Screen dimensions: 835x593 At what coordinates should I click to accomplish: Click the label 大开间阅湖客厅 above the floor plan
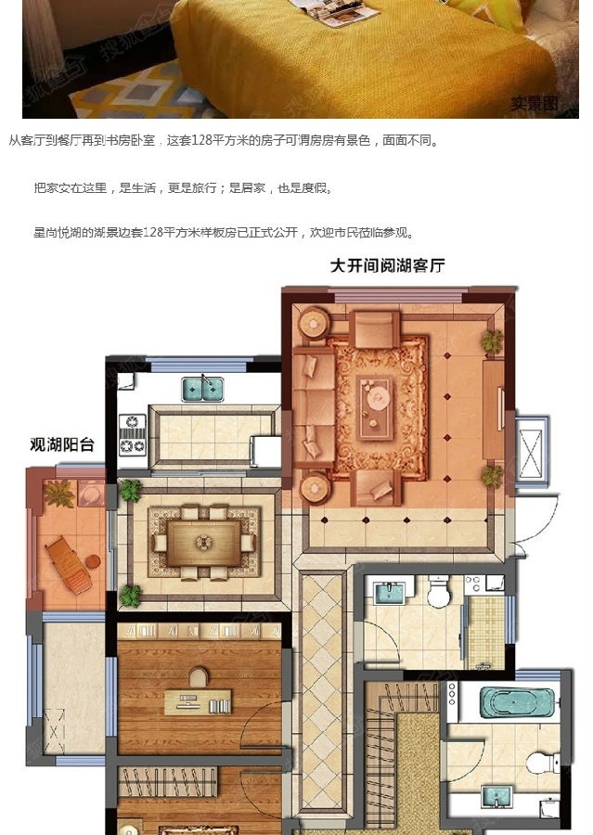pyautogui.click(x=388, y=266)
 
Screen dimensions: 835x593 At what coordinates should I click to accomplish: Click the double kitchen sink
pyautogui.click(x=202, y=389)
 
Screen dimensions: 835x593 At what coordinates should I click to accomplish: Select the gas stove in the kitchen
pyautogui.click(x=133, y=434)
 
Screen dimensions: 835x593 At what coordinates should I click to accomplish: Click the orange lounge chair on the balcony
pyautogui.click(x=70, y=562)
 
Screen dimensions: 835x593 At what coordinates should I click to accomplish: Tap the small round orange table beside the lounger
pyautogui.click(x=94, y=560)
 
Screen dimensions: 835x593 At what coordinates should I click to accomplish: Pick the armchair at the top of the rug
pyautogui.click(x=376, y=328)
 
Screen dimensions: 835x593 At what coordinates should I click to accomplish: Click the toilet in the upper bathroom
pyautogui.click(x=438, y=593)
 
